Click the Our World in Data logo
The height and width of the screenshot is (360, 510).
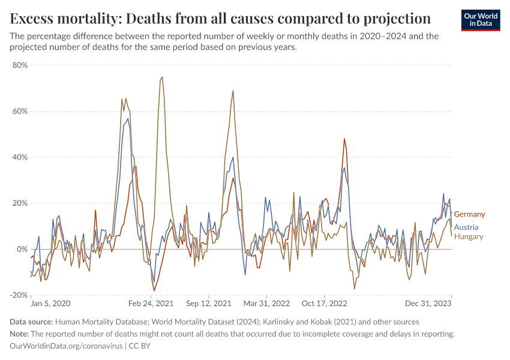coord(481,20)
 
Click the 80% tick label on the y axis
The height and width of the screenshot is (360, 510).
coord(20,65)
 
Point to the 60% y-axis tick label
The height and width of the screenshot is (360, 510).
coord(20,111)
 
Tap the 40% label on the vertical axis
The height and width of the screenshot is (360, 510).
coord(20,157)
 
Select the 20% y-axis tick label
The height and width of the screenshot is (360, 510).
coord(20,203)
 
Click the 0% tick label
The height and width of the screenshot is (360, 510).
coord(23,249)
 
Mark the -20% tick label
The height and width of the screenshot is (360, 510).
coord(19,295)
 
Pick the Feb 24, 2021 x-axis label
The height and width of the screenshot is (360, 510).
coord(154,304)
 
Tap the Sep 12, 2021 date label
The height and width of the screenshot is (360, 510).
coord(208,304)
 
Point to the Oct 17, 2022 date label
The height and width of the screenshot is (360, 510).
coord(324,304)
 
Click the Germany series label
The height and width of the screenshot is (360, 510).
coord(469,214)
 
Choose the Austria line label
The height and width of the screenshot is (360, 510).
coord(466,227)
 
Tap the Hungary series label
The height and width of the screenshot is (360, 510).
coord(468,236)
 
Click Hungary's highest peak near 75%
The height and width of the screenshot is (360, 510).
coord(162,77)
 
